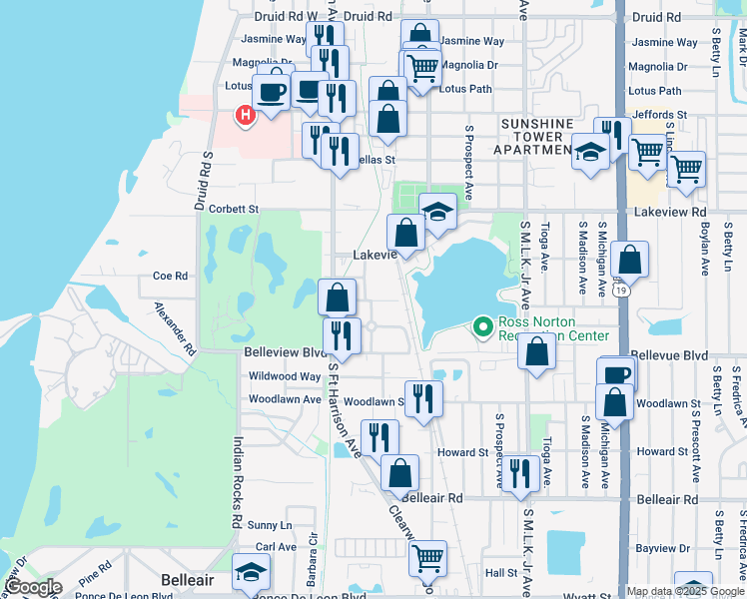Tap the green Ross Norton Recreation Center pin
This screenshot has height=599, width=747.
483,326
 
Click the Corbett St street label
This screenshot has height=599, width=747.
235,210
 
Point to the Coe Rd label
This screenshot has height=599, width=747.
170,276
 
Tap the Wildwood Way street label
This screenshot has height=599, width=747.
285,376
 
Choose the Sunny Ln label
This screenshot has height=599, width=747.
270,524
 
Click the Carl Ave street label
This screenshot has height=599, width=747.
276,547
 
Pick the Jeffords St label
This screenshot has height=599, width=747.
659,115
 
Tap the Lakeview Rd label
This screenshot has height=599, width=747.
670,212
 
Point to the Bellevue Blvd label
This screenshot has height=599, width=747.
670,355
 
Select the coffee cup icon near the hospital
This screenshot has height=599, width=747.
272,92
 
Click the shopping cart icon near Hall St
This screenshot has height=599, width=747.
427,557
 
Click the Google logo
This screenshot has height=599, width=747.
32,587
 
